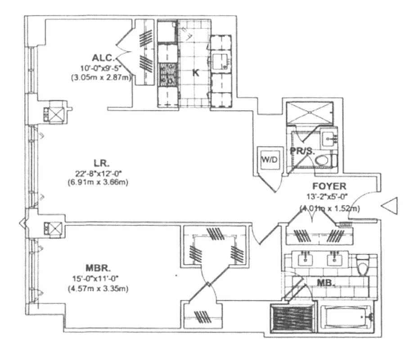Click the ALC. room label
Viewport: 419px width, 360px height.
click(104, 58)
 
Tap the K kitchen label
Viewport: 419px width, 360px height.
click(196, 73)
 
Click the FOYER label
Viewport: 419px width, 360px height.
click(330, 185)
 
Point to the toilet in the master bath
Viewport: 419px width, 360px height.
click(362, 265)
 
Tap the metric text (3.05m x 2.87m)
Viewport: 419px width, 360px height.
click(100, 77)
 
